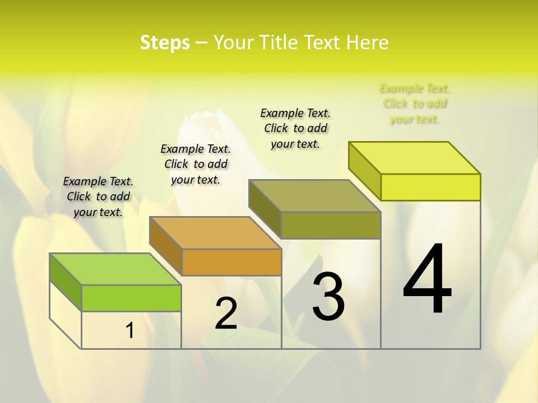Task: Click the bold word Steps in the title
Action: tap(165, 43)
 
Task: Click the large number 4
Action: tap(428, 279)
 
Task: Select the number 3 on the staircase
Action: tap(328, 296)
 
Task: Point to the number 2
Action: tap(226, 313)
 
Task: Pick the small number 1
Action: tap(129, 331)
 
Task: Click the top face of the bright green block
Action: tap(115, 269)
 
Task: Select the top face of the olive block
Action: tap(314, 196)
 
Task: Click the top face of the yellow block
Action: tap(414, 158)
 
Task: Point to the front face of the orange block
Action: tap(231, 262)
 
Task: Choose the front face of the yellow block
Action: tap(430, 187)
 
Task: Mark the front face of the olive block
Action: tap(331, 225)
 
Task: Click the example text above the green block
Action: tap(98, 196)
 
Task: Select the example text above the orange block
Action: tap(196, 164)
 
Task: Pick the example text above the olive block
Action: tap(295, 128)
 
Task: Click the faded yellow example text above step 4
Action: tap(415, 104)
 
